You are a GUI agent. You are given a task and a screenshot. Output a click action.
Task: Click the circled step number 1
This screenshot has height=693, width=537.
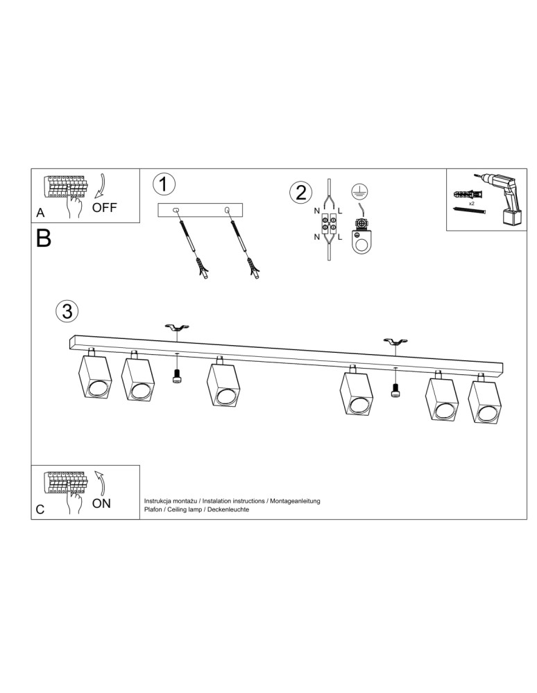tap(163, 184)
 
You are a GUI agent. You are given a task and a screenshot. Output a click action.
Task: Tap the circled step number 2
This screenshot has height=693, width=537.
tap(300, 191)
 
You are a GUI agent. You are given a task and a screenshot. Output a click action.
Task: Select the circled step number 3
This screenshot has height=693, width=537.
tap(67, 311)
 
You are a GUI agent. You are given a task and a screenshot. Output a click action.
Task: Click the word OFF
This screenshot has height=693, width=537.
tap(105, 207)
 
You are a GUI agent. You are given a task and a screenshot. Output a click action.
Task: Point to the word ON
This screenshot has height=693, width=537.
tap(101, 504)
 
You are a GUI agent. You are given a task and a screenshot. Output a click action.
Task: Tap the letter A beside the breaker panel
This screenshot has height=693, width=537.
tap(40, 213)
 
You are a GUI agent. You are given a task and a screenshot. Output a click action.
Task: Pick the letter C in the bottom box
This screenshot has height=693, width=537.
tap(40, 510)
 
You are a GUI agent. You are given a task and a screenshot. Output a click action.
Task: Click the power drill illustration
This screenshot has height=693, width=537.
tap(504, 198)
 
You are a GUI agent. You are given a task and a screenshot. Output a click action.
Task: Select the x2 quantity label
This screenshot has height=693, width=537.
tap(471, 204)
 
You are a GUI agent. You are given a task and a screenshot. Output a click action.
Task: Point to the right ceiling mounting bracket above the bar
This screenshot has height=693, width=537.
tap(395, 342)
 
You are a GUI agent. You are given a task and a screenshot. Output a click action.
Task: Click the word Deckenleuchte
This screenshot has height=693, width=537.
tap(228, 509)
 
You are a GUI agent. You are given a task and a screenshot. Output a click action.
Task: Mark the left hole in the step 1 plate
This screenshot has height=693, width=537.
tap(176, 209)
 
